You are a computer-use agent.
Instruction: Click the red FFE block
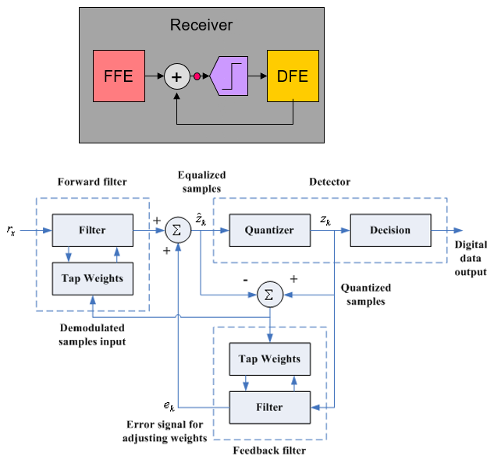tap(119, 76)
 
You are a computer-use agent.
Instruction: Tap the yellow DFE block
tap(293, 76)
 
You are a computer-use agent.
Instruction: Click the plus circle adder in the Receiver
tap(177, 76)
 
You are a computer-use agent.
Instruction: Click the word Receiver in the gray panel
tap(201, 26)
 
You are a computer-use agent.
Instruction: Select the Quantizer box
tap(268, 231)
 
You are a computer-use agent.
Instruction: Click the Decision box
tap(390, 231)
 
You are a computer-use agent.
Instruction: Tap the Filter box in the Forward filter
tap(93, 231)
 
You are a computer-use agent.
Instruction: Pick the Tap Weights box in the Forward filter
tap(93, 277)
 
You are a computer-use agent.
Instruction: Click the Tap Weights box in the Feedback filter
tap(269, 359)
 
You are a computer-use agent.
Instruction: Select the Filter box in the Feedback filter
tap(269, 406)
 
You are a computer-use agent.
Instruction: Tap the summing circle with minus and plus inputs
tap(269, 295)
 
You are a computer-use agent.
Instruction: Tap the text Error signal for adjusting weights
tap(164, 430)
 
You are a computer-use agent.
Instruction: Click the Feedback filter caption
tap(268, 451)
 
